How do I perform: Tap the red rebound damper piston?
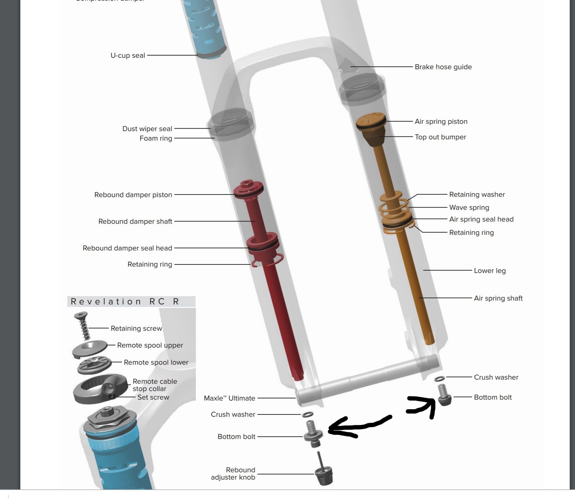click(x=248, y=189)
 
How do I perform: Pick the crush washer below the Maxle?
click(x=307, y=414)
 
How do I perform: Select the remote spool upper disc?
click(x=90, y=349)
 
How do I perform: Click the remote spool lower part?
click(x=95, y=365)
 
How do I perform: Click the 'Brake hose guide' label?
click(x=443, y=67)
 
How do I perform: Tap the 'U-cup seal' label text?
click(x=128, y=56)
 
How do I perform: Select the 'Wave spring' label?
click(x=469, y=208)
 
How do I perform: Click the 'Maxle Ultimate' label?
click(x=229, y=398)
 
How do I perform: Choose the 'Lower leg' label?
click(x=490, y=271)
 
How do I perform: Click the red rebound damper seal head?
click(x=263, y=245)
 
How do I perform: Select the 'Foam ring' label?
click(x=155, y=138)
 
